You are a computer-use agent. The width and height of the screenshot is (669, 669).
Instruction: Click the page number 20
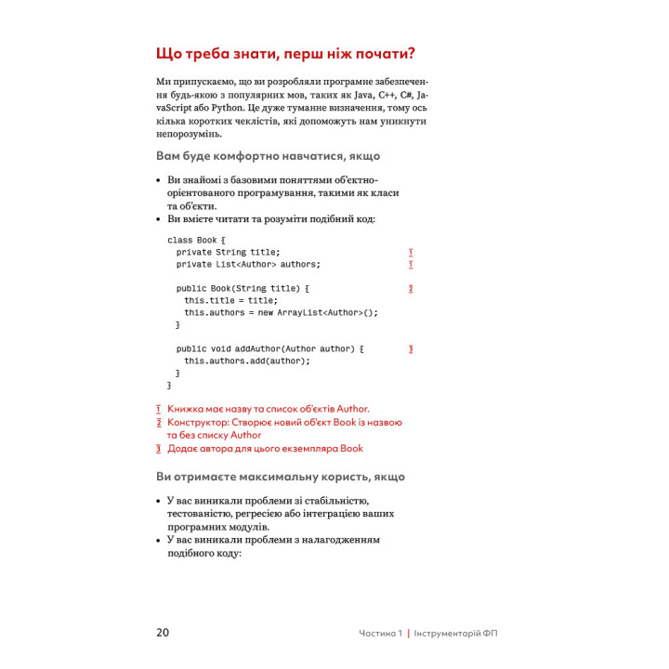(163, 633)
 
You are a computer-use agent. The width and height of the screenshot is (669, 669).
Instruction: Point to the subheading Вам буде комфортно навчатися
(268, 156)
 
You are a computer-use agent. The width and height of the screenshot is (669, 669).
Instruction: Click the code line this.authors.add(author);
(247, 361)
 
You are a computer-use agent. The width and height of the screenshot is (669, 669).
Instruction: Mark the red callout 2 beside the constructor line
(410, 289)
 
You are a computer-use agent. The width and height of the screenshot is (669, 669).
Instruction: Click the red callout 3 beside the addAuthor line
(410, 349)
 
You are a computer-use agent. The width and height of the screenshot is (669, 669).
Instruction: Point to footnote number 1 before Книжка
(159, 409)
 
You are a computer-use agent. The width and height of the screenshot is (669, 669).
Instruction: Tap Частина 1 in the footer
(381, 634)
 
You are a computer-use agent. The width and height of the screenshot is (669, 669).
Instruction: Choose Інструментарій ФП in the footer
(461, 634)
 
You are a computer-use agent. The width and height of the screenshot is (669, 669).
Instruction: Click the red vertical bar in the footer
(409, 634)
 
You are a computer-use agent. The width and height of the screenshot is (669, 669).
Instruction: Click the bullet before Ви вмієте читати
(158, 219)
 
